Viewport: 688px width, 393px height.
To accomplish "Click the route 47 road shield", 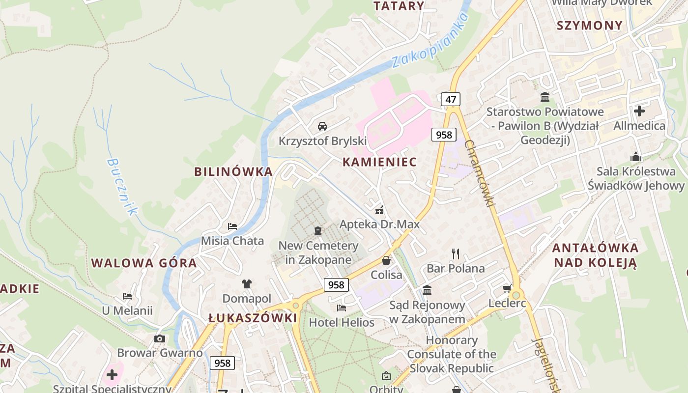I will click(x=451, y=99).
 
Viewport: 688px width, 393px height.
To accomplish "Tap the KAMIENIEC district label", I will click(x=379, y=162).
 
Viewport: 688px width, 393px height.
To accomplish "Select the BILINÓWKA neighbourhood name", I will click(x=233, y=171).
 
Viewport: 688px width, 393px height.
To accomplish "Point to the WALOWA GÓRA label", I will click(x=144, y=263).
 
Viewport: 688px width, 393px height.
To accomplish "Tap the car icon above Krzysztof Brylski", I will click(x=322, y=126).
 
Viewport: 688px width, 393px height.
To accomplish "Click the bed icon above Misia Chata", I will click(x=232, y=226).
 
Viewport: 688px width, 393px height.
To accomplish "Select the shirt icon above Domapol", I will click(x=247, y=284).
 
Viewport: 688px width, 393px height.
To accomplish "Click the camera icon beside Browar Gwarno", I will click(x=160, y=338).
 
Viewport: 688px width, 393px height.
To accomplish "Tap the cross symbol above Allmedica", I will click(x=639, y=111).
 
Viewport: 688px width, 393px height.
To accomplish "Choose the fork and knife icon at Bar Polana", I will click(x=456, y=253).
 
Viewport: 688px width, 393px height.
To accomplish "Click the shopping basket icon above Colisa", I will click(x=386, y=260).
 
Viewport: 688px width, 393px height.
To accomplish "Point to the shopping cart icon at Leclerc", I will click(x=507, y=288).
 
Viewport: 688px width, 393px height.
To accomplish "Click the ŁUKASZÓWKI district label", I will click(x=253, y=318).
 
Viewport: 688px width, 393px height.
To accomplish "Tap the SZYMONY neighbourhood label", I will click(x=590, y=25).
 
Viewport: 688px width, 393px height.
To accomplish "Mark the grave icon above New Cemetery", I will click(x=318, y=230).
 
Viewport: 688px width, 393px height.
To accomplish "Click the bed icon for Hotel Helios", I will click(x=342, y=308).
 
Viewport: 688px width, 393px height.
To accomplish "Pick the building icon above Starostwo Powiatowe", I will click(x=545, y=97).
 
